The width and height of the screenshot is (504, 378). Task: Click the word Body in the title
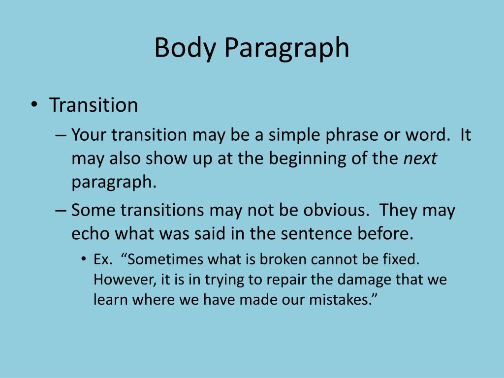point(185,48)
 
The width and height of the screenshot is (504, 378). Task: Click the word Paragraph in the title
point(286,48)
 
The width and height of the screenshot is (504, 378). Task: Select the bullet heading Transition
point(94,105)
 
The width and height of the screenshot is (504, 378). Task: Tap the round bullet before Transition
point(34,105)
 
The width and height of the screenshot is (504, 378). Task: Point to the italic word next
point(420,158)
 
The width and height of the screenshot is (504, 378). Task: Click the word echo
point(91,234)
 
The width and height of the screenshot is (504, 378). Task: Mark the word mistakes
point(341,300)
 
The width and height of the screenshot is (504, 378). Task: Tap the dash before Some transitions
point(61,211)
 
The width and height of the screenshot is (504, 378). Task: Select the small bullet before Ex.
point(84,259)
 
